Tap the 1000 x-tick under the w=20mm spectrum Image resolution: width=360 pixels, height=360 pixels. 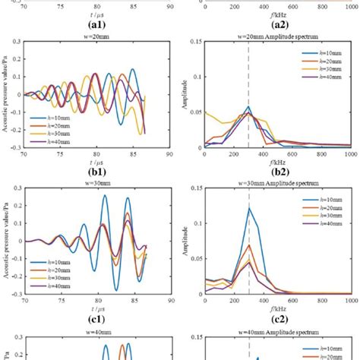[352, 153]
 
